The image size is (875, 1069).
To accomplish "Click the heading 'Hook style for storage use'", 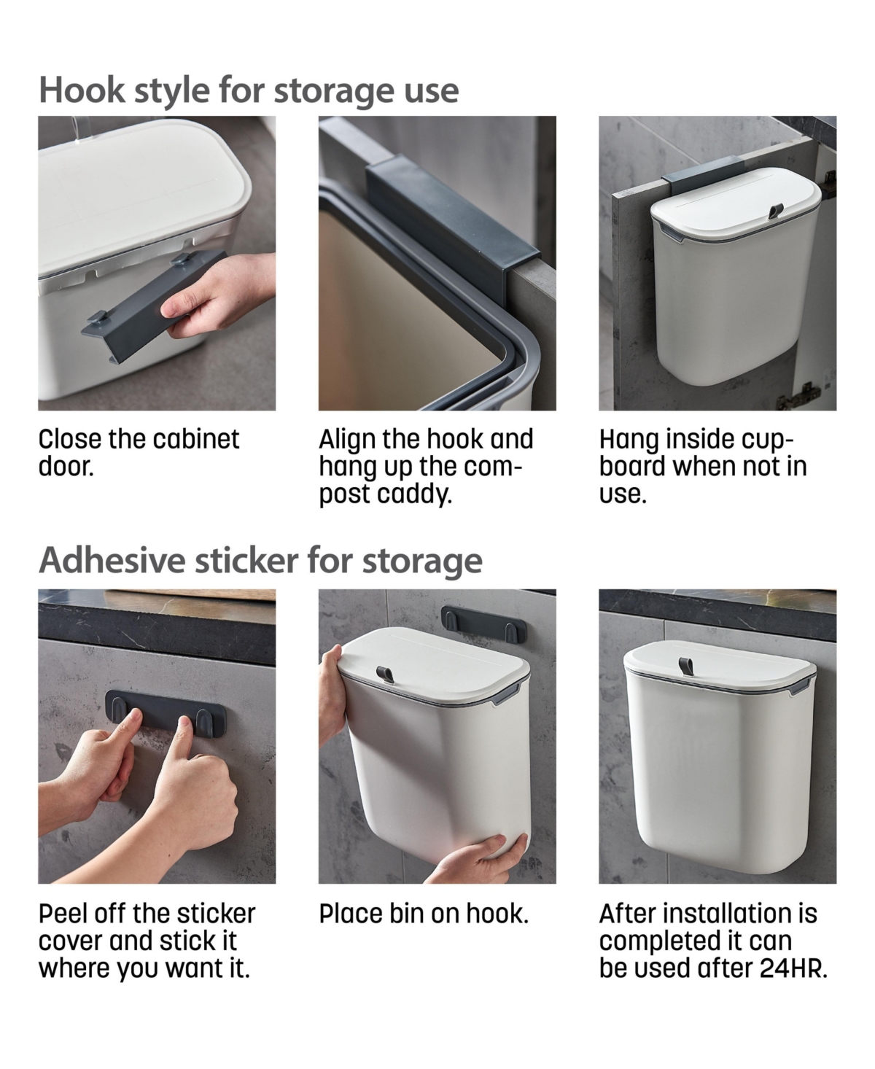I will (x=249, y=90).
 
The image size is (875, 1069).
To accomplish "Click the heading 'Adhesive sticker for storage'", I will (x=260, y=561).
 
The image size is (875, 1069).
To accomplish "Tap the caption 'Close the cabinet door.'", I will (x=139, y=452).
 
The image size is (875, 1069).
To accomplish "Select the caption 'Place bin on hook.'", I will (x=424, y=914).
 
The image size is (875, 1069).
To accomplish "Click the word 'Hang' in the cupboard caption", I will (x=624, y=440).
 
